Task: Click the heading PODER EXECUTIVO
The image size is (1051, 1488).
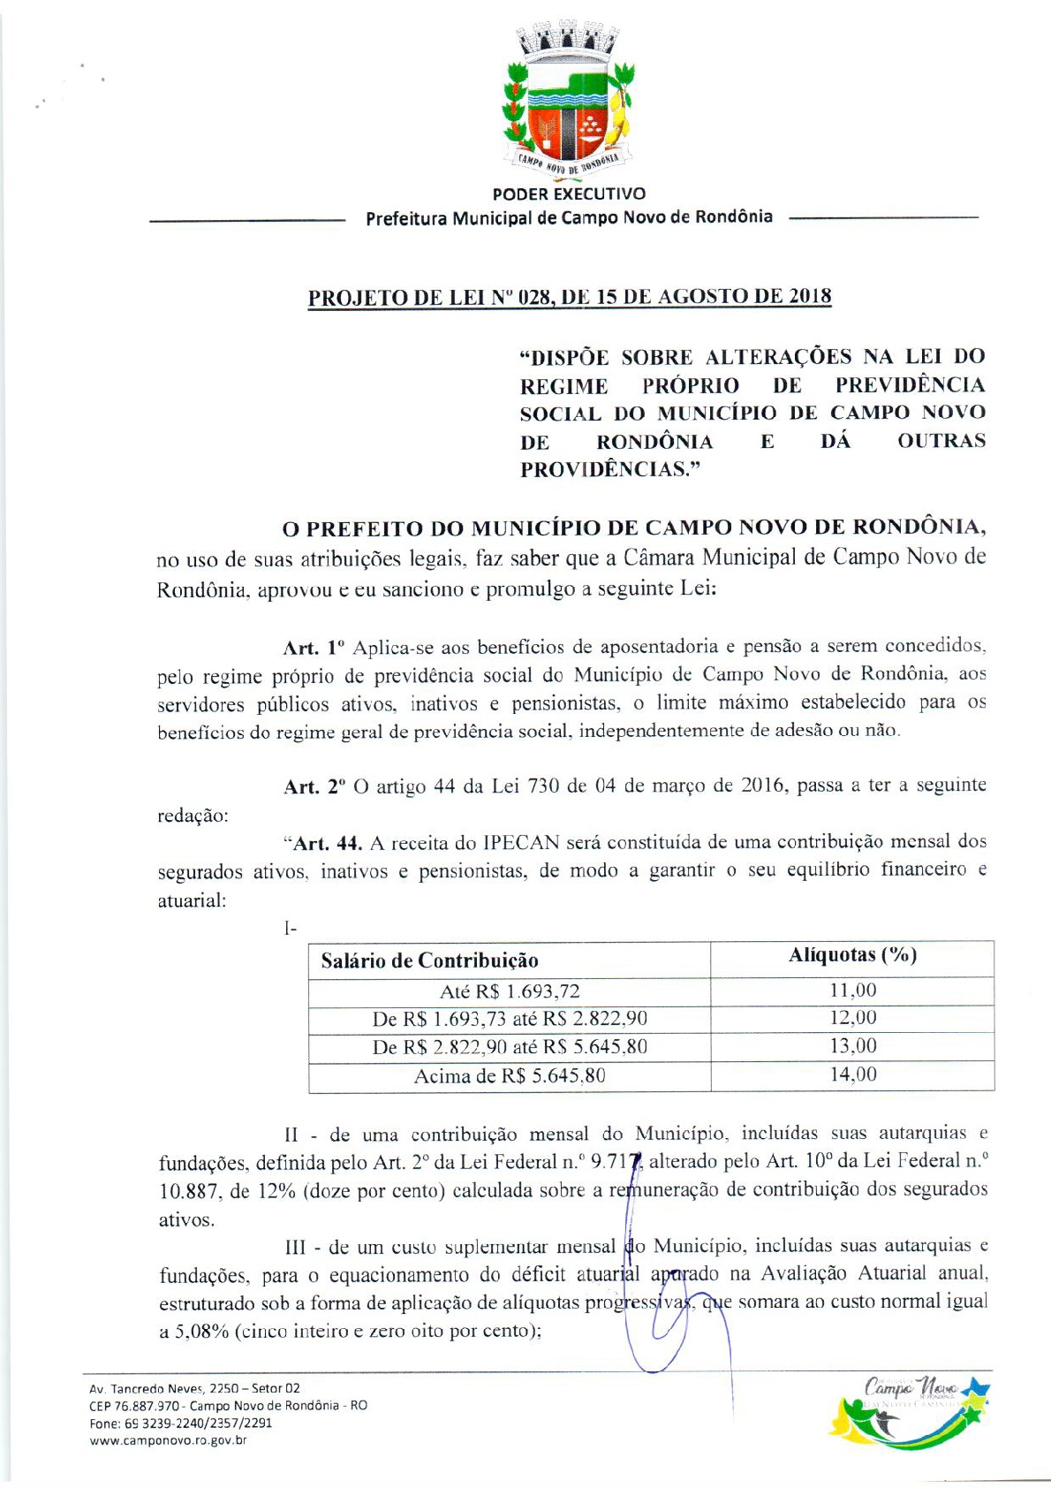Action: (x=569, y=194)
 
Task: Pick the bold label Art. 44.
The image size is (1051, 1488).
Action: (x=326, y=843)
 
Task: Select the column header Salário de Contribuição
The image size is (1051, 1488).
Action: (x=429, y=960)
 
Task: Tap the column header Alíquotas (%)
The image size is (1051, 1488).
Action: (x=852, y=955)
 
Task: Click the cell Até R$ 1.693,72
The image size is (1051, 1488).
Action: (x=510, y=991)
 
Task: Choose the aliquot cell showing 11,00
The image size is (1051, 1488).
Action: (x=852, y=991)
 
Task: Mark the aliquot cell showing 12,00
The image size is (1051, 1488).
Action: (x=852, y=1018)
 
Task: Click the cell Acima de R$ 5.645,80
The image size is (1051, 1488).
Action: (x=510, y=1076)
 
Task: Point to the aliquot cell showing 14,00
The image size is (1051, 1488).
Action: (x=852, y=1074)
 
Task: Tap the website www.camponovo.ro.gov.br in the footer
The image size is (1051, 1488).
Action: (x=168, y=1440)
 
